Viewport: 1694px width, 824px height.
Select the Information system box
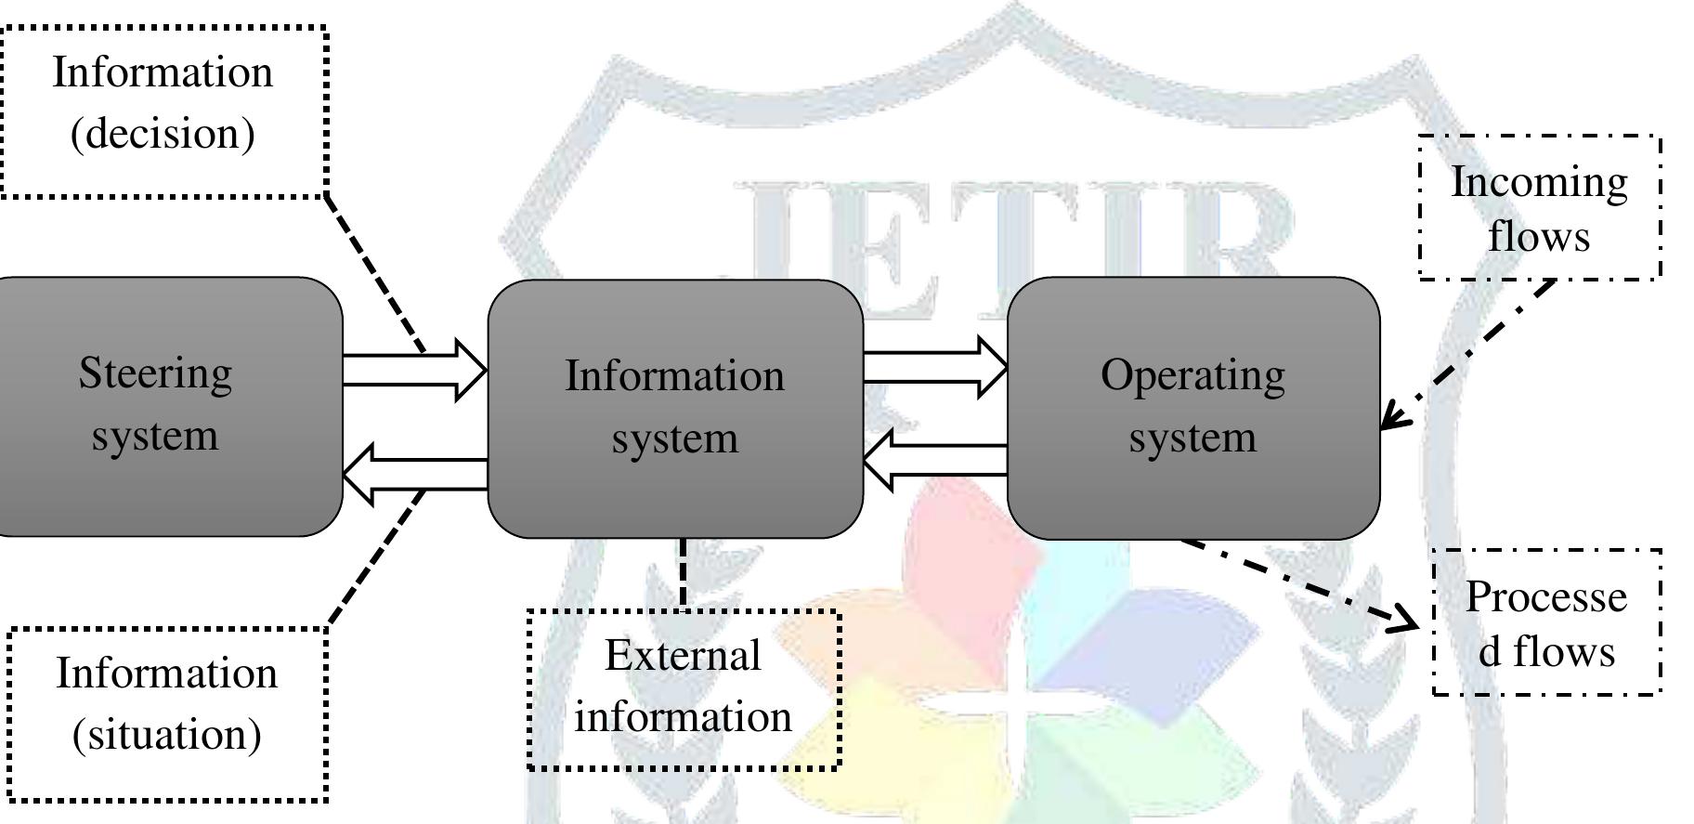(x=675, y=409)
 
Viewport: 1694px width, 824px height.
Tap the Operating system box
(x=1193, y=408)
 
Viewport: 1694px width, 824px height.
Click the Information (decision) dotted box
(x=163, y=111)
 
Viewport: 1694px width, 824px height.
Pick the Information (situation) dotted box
(x=167, y=713)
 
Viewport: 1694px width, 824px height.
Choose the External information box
(x=684, y=689)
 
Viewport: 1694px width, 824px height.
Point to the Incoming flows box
(x=1540, y=207)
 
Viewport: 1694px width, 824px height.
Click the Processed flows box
(x=1546, y=622)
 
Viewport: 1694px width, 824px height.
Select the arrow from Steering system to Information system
(x=415, y=370)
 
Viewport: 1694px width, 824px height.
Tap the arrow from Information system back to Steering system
(x=415, y=475)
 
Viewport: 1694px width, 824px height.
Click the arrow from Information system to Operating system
(x=936, y=367)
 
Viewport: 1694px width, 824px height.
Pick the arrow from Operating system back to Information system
(x=936, y=460)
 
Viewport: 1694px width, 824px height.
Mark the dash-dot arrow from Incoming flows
(x=1468, y=354)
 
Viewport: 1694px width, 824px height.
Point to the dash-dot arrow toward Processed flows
(x=1300, y=583)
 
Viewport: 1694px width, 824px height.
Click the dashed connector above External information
(x=684, y=574)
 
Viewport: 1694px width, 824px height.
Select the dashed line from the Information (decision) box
(x=375, y=274)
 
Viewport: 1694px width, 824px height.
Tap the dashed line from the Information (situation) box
(x=377, y=557)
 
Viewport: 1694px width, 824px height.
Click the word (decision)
(x=163, y=134)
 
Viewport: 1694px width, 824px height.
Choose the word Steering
(x=155, y=374)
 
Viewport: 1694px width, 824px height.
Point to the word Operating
(x=1193, y=377)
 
